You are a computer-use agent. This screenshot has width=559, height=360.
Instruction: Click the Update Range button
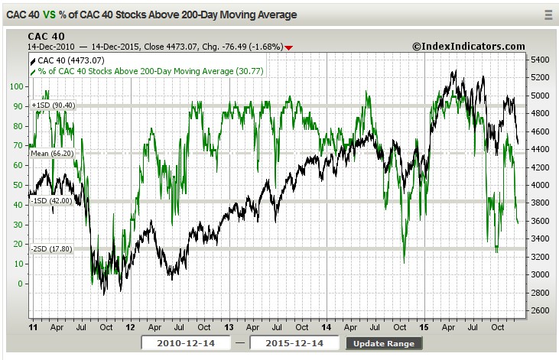pyautogui.click(x=384, y=343)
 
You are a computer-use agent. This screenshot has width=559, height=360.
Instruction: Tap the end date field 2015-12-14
pyautogui.click(x=297, y=343)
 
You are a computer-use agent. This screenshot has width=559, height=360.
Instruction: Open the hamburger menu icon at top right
pyautogui.click(x=548, y=15)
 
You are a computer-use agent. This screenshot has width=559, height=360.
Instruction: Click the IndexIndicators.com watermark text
pyautogui.click(x=469, y=47)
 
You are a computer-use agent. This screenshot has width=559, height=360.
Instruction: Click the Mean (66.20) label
pyautogui.click(x=51, y=153)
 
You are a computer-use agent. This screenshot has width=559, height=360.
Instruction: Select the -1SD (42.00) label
pyautogui.click(x=51, y=201)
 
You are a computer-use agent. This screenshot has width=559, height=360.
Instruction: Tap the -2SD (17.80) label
pyautogui.click(x=51, y=248)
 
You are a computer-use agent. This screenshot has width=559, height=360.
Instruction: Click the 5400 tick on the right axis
pyautogui.click(x=540, y=60)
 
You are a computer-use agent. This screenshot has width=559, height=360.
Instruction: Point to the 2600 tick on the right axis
pyautogui.click(x=540, y=310)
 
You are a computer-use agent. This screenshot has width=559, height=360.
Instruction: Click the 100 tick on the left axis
pyautogui.click(x=17, y=86)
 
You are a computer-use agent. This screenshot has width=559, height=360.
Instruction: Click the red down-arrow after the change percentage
pyautogui.click(x=288, y=47)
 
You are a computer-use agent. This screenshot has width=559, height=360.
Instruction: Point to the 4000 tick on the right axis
pyautogui.click(x=540, y=185)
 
